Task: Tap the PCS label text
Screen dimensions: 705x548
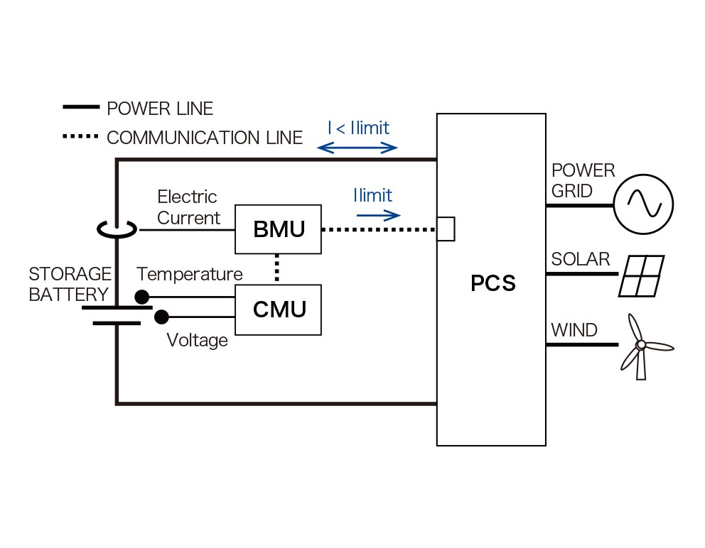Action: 493,283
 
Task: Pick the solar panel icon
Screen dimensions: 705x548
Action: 641,276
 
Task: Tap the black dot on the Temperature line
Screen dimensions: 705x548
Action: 141,297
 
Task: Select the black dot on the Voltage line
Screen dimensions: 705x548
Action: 161,317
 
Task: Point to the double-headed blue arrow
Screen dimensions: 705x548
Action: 357,148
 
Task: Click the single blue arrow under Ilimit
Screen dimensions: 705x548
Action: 378,216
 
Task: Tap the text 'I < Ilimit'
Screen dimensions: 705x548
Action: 358,128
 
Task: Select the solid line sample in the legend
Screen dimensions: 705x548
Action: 81,107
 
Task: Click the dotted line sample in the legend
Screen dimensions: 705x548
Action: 80,136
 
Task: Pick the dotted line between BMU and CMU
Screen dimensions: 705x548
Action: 277,268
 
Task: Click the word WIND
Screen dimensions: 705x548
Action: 574,330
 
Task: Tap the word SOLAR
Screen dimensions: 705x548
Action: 581,259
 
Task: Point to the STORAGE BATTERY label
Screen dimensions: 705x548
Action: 70,285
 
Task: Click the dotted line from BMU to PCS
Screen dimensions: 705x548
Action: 379,229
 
